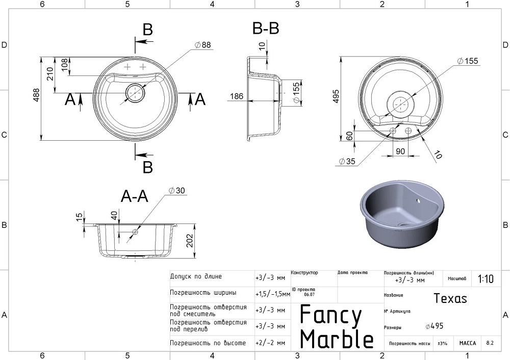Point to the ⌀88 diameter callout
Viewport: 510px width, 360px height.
(202, 45)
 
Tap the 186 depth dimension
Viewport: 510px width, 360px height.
(236, 96)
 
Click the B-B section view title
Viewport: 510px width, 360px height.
(266, 29)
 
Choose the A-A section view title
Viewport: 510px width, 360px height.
(134, 196)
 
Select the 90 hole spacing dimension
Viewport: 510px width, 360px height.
(400, 151)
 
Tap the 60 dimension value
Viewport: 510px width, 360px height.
(349, 137)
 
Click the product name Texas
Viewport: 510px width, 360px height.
(450, 298)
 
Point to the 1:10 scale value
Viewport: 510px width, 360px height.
(485, 279)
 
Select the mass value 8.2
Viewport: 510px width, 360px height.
(490, 343)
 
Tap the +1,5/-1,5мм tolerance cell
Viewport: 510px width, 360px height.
(272, 294)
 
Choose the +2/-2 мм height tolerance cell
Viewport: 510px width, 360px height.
(270, 343)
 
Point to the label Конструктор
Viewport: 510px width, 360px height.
(304, 273)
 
